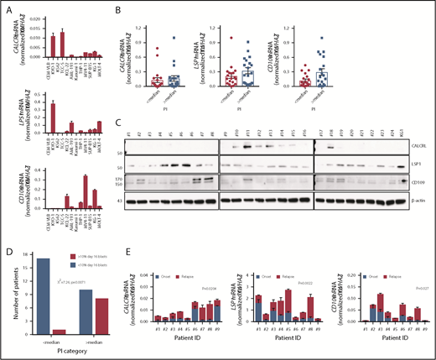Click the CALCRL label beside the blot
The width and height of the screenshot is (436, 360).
[x=411, y=144]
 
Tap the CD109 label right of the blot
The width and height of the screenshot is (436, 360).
[x=410, y=178]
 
